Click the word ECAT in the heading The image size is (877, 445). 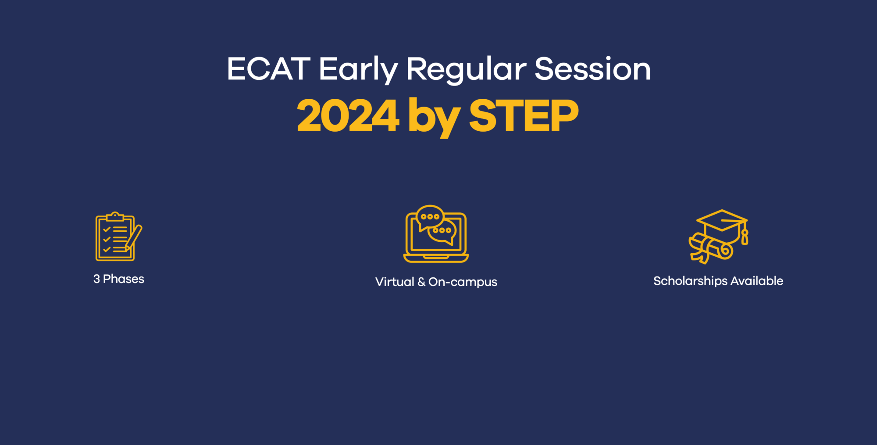pos(268,69)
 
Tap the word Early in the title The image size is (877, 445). pos(358,69)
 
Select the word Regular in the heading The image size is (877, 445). pos(466,69)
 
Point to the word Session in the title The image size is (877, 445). pos(592,69)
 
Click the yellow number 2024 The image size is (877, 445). pos(348,115)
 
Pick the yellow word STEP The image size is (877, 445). pos(524,115)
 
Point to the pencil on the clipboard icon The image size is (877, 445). pos(134,238)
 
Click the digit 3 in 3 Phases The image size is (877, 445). pos(96,279)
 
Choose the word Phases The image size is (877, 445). pos(123,279)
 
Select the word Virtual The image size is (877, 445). pos(394,282)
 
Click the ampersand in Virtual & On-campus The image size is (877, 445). pos(421,282)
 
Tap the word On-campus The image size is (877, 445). pos(463,282)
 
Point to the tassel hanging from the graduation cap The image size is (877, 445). pos(744,237)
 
